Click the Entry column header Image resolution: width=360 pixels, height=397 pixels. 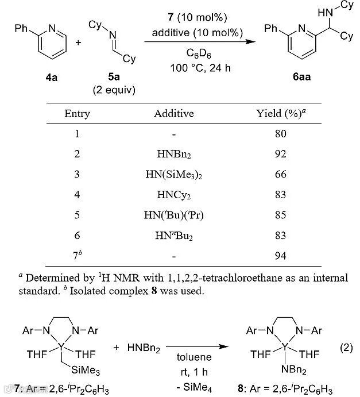[x=77, y=113]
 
